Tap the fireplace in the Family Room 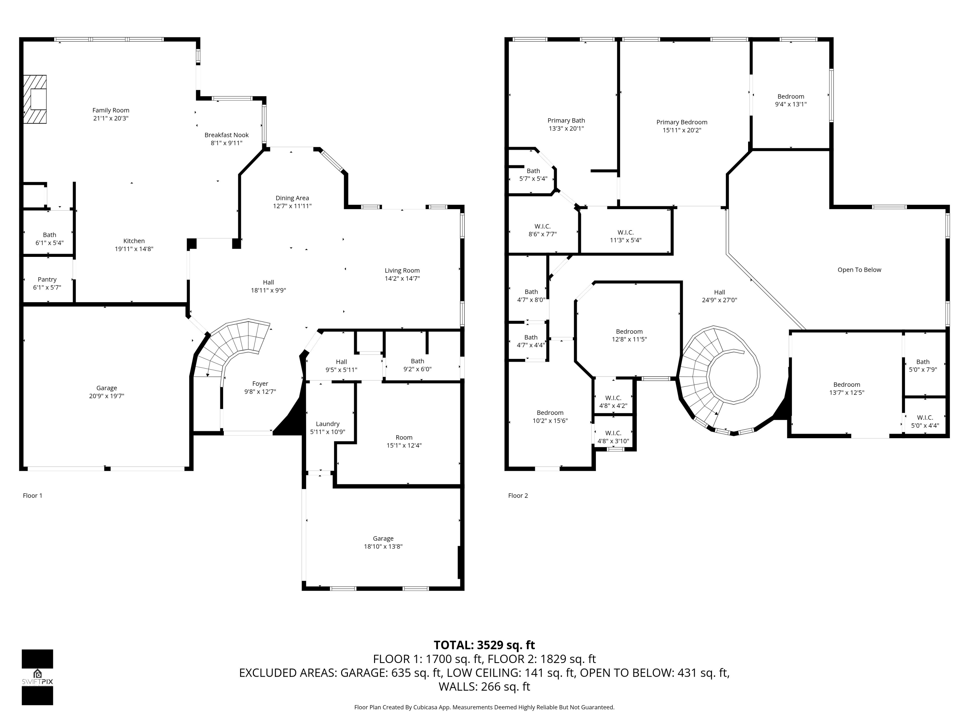coord(35,99)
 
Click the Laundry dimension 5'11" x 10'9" coord(328,432)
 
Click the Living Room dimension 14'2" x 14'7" coord(402,278)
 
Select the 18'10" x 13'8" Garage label coord(383,543)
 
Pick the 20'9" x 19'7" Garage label coord(107,392)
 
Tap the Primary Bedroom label coord(682,122)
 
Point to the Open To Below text coord(859,270)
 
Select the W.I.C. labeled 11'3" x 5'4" coord(626,236)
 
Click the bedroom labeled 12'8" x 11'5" coord(629,335)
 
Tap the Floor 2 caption coord(518,496)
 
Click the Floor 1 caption coord(32,496)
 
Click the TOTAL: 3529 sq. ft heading coord(484,645)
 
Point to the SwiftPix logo coord(37,677)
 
